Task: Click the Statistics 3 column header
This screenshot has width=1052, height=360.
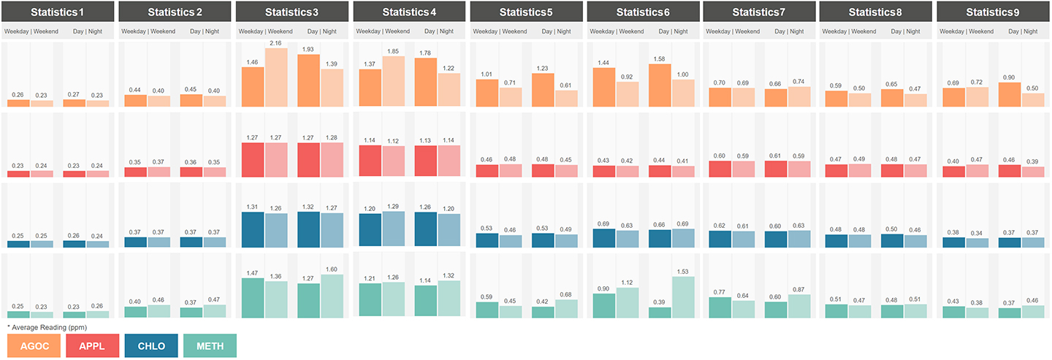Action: click(290, 12)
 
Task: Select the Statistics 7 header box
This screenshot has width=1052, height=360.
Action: click(759, 12)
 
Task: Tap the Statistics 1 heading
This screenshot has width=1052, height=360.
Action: click(58, 12)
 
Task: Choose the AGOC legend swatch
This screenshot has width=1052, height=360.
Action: click(34, 345)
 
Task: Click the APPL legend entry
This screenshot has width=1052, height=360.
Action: click(93, 345)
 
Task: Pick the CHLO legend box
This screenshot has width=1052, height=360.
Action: click(151, 345)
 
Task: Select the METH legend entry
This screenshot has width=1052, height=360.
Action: click(210, 345)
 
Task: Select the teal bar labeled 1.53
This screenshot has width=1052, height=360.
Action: click(683, 297)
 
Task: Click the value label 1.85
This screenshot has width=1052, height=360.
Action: click(393, 50)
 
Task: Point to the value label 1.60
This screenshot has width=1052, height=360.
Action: click(332, 269)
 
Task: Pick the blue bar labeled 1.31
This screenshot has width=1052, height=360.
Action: click(253, 230)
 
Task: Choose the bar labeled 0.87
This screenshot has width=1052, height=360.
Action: click(800, 306)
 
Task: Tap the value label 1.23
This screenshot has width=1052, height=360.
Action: click(543, 68)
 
